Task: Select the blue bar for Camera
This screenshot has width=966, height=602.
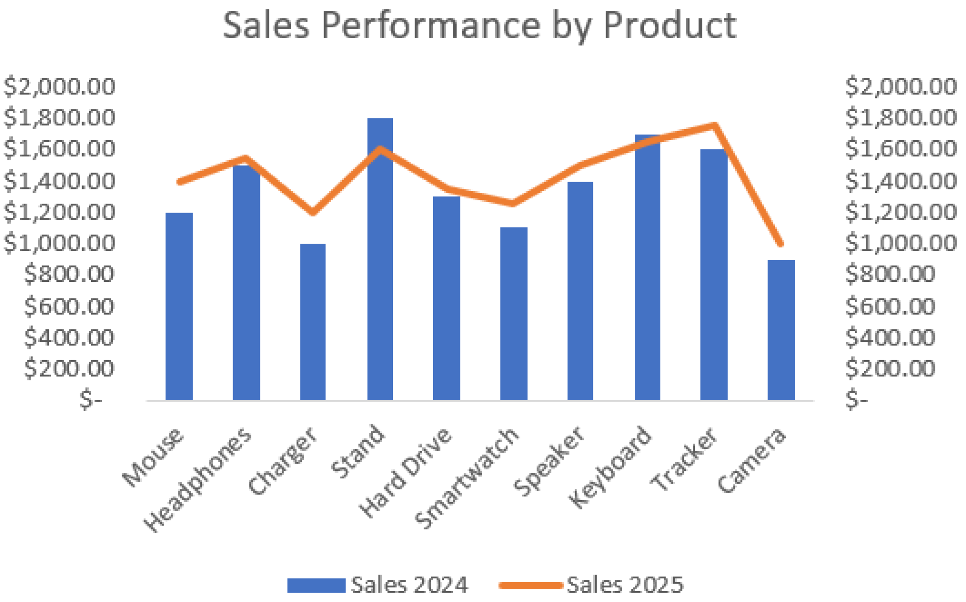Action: pos(781,330)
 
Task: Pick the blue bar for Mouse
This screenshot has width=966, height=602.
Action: pos(179,306)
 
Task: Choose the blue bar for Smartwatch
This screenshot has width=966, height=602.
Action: pos(514,313)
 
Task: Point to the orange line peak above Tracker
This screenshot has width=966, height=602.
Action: pos(715,125)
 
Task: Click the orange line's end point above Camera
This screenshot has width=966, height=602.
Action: pos(781,244)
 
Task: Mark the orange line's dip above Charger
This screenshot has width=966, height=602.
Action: pos(313,212)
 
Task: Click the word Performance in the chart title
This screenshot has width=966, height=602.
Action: pos(430,25)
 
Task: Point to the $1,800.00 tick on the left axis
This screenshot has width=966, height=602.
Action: pos(59,118)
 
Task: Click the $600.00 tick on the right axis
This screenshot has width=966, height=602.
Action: pos(890,306)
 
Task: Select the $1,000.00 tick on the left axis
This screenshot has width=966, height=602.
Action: pos(59,243)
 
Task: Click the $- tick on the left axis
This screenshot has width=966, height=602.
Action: pos(91,400)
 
